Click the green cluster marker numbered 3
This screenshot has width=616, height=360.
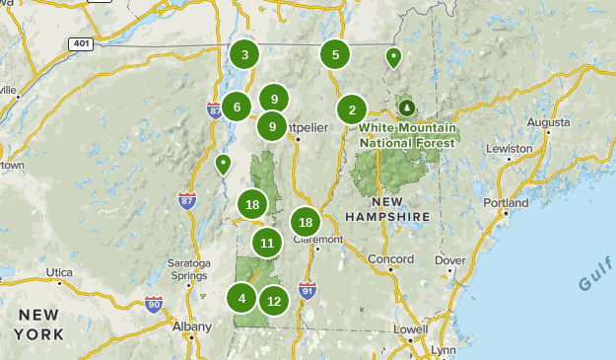click(244, 54)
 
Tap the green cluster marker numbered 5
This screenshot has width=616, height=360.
click(335, 54)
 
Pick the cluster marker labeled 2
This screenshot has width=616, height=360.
click(352, 109)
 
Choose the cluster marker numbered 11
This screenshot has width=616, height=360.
click(267, 242)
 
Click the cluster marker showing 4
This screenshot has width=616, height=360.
click(242, 297)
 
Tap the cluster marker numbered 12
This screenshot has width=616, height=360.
click(274, 301)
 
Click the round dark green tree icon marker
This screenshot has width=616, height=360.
click(406, 107)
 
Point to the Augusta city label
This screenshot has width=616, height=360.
click(549, 121)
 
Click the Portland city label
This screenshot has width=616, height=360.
click(506, 202)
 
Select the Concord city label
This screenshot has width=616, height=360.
click(390, 258)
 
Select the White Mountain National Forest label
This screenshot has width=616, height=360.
click(407, 135)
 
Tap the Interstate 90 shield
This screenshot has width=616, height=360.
click(153, 304)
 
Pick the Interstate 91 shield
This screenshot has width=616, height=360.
click(308, 290)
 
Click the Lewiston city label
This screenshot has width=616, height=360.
click(509, 148)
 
